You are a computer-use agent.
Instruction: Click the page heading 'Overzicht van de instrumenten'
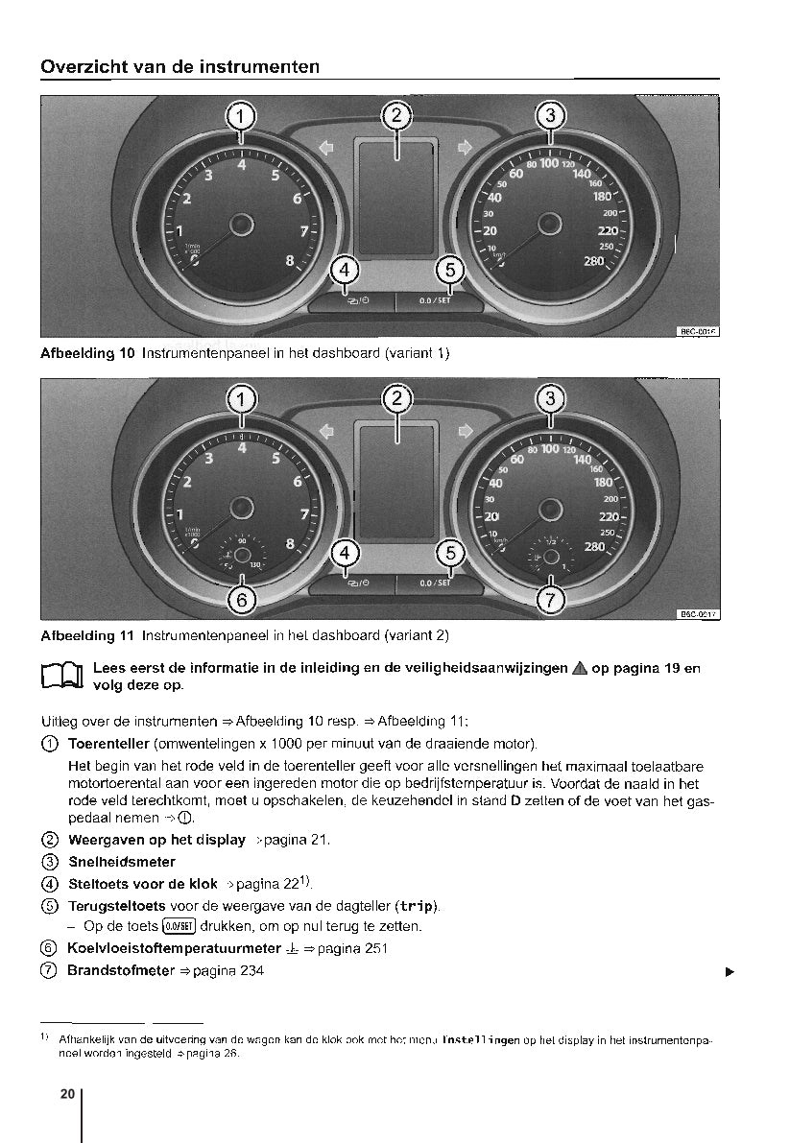(x=180, y=67)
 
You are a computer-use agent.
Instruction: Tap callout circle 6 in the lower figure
(x=241, y=601)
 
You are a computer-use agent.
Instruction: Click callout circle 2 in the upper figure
(x=395, y=116)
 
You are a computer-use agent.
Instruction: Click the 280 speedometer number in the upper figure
(x=594, y=261)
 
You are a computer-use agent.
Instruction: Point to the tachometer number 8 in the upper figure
(x=290, y=259)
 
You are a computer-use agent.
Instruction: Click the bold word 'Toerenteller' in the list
(x=108, y=744)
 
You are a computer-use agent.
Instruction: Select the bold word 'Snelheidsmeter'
(x=122, y=862)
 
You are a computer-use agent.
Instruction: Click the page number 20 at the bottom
(x=67, y=1094)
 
